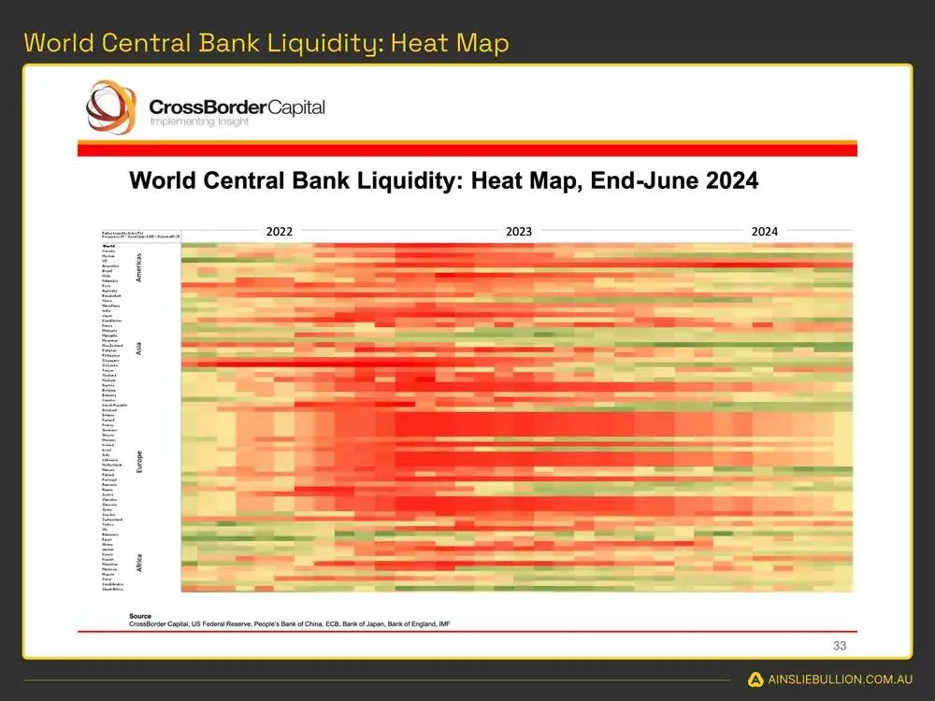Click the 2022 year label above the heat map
point(280,231)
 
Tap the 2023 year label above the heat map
point(519,231)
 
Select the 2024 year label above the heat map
point(764,231)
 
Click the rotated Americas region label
point(140,266)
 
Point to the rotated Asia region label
point(140,349)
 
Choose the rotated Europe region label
point(140,461)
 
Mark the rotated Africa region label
point(140,562)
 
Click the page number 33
point(839,645)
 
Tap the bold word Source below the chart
point(140,616)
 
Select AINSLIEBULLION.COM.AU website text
point(840,680)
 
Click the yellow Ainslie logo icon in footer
point(755,680)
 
